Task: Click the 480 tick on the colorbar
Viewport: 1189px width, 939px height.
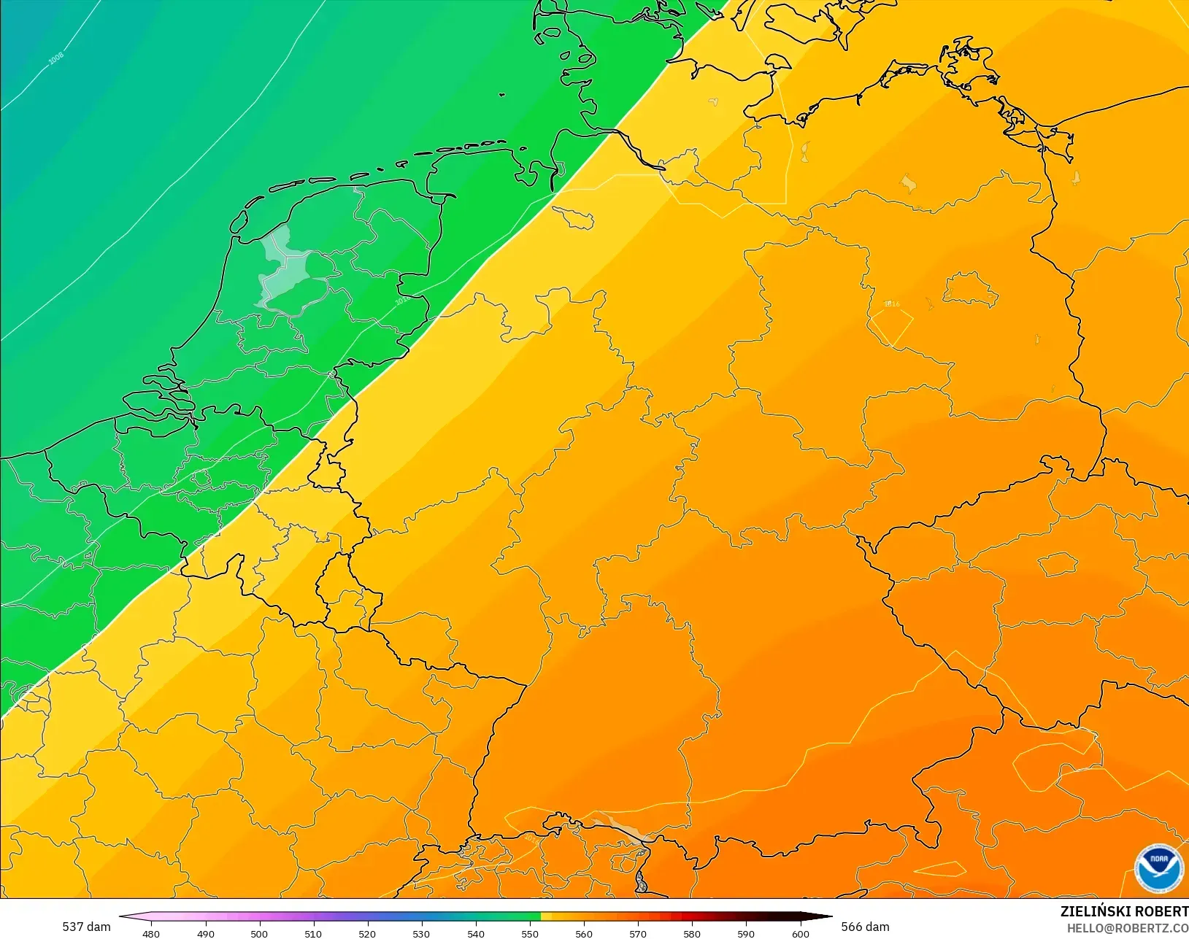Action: (x=151, y=933)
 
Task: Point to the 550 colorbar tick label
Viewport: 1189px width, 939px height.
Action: (x=530, y=933)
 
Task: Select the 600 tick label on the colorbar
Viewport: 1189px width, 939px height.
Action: (x=801, y=933)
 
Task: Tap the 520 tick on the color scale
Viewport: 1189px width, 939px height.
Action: (x=367, y=933)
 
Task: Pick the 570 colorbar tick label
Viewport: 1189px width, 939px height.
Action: (x=638, y=933)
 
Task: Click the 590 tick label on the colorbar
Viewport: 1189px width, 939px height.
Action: (x=746, y=933)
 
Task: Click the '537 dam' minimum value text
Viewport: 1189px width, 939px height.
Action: (x=86, y=927)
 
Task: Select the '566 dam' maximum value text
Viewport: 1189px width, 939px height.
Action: (x=865, y=927)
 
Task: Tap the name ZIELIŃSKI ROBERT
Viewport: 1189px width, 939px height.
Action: (x=1124, y=911)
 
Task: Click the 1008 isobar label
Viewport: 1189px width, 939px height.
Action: (x=56, y=58)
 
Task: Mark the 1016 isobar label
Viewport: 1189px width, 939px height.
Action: (x=891, y=304)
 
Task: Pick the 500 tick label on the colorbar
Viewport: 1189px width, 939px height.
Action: (x=259, y=933)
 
